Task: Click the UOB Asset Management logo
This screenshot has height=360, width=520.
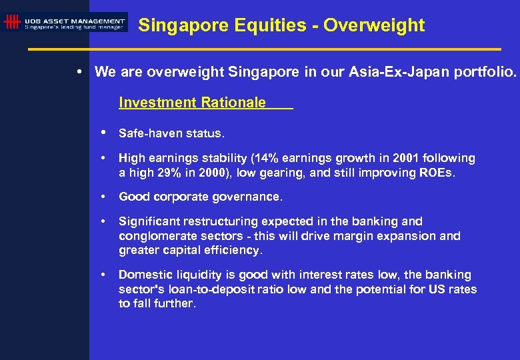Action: (x=65, y=22)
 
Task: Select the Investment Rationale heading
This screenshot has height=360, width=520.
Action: (x=192, y=103)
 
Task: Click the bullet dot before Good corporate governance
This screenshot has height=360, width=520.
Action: (x=103, y=197)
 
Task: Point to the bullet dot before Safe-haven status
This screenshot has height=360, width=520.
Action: (x=103, y=133)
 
